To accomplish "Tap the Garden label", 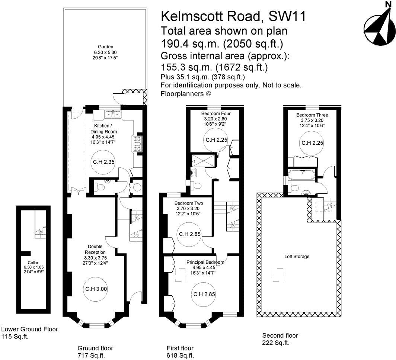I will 103,52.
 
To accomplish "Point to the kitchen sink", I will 112,114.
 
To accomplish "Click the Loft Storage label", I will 297,257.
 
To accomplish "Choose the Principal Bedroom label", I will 205,262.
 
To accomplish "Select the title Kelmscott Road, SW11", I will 233,17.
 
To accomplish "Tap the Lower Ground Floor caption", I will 29,330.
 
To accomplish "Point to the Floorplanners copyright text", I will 186,94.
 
